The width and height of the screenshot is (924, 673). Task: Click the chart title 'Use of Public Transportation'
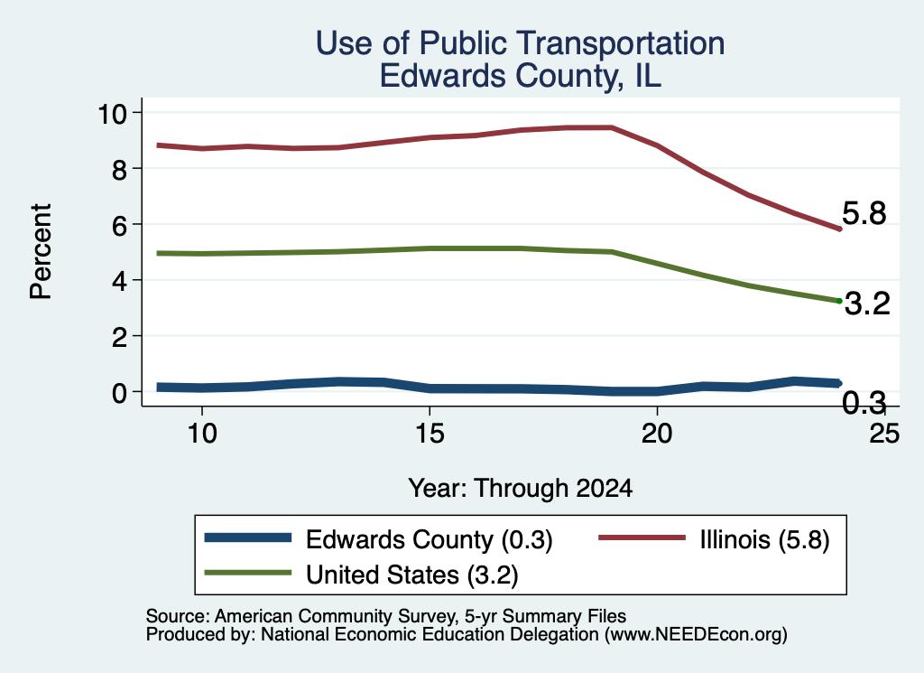pos(520,43)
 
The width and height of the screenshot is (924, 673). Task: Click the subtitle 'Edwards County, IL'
pos(520,76)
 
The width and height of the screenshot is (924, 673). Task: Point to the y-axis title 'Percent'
pos(41,252)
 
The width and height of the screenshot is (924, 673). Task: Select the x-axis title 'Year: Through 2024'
pos(520,489)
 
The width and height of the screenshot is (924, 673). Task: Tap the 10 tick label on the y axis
pos(112,113)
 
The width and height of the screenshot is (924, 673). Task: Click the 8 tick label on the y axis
pos(120,169)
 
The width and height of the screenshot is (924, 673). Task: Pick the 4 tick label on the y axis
pos(120,281)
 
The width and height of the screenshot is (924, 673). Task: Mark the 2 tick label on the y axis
pos(120,337)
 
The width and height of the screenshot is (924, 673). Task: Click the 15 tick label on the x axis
pos(430,434)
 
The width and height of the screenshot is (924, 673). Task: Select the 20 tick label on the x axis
pos(657,434)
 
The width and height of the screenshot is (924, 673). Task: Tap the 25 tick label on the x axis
pos(884,434)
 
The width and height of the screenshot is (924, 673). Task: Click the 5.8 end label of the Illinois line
pos(864,213)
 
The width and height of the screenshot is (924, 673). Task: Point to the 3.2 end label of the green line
pos(867,304)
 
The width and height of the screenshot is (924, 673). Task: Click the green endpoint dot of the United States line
pos(839,301)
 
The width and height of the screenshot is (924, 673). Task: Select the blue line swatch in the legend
pos(247,537)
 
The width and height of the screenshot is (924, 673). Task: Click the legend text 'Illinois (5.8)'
pos(764,539)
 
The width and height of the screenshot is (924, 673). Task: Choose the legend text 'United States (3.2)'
pos(411,575)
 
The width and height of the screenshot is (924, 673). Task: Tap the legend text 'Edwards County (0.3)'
pos(429,539)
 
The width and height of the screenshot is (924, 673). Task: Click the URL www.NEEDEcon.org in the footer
pos(696,635)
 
